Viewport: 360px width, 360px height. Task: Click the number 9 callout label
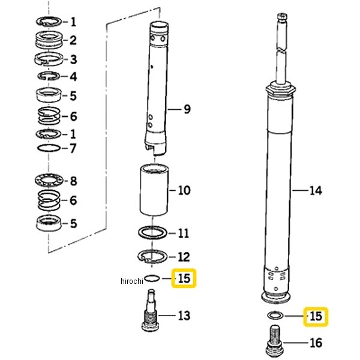coord(187,109)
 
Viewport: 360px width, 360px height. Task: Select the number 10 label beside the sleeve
coord(184,190)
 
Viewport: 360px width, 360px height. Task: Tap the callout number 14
coord(316,191)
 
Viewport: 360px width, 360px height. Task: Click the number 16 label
coord(316,343)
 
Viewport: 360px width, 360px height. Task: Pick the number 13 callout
coord(184,316)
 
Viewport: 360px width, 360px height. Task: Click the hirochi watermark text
coord(132,281)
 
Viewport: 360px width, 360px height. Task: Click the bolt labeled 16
coord(275,341)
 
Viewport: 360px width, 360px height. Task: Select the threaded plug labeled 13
coord(151,310)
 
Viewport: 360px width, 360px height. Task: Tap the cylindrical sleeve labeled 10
coord(154,190)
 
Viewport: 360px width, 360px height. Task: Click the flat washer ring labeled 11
coord(152,233)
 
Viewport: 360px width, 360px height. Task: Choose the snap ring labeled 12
coord(152,256)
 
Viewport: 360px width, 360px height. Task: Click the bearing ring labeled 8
coord(49,181)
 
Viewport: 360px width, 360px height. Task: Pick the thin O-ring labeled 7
coord(49,148)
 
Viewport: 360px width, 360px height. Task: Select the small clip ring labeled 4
coord(49,76)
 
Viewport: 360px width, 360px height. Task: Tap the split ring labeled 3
coord(49,59)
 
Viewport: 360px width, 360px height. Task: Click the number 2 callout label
coord(73,40)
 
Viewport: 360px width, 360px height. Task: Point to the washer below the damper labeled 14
coord(275,316)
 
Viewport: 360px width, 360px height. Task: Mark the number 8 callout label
coord(73,181)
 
